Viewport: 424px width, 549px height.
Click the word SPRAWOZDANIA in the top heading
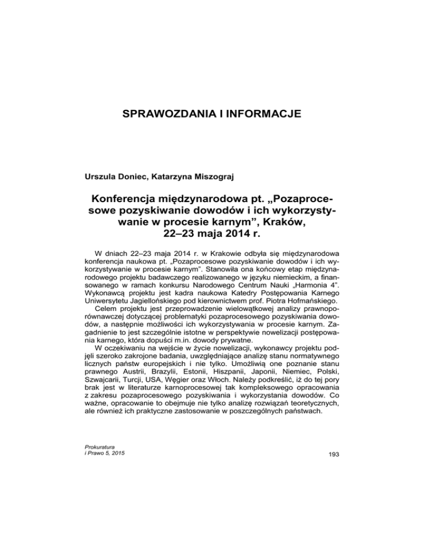point(169,114)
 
